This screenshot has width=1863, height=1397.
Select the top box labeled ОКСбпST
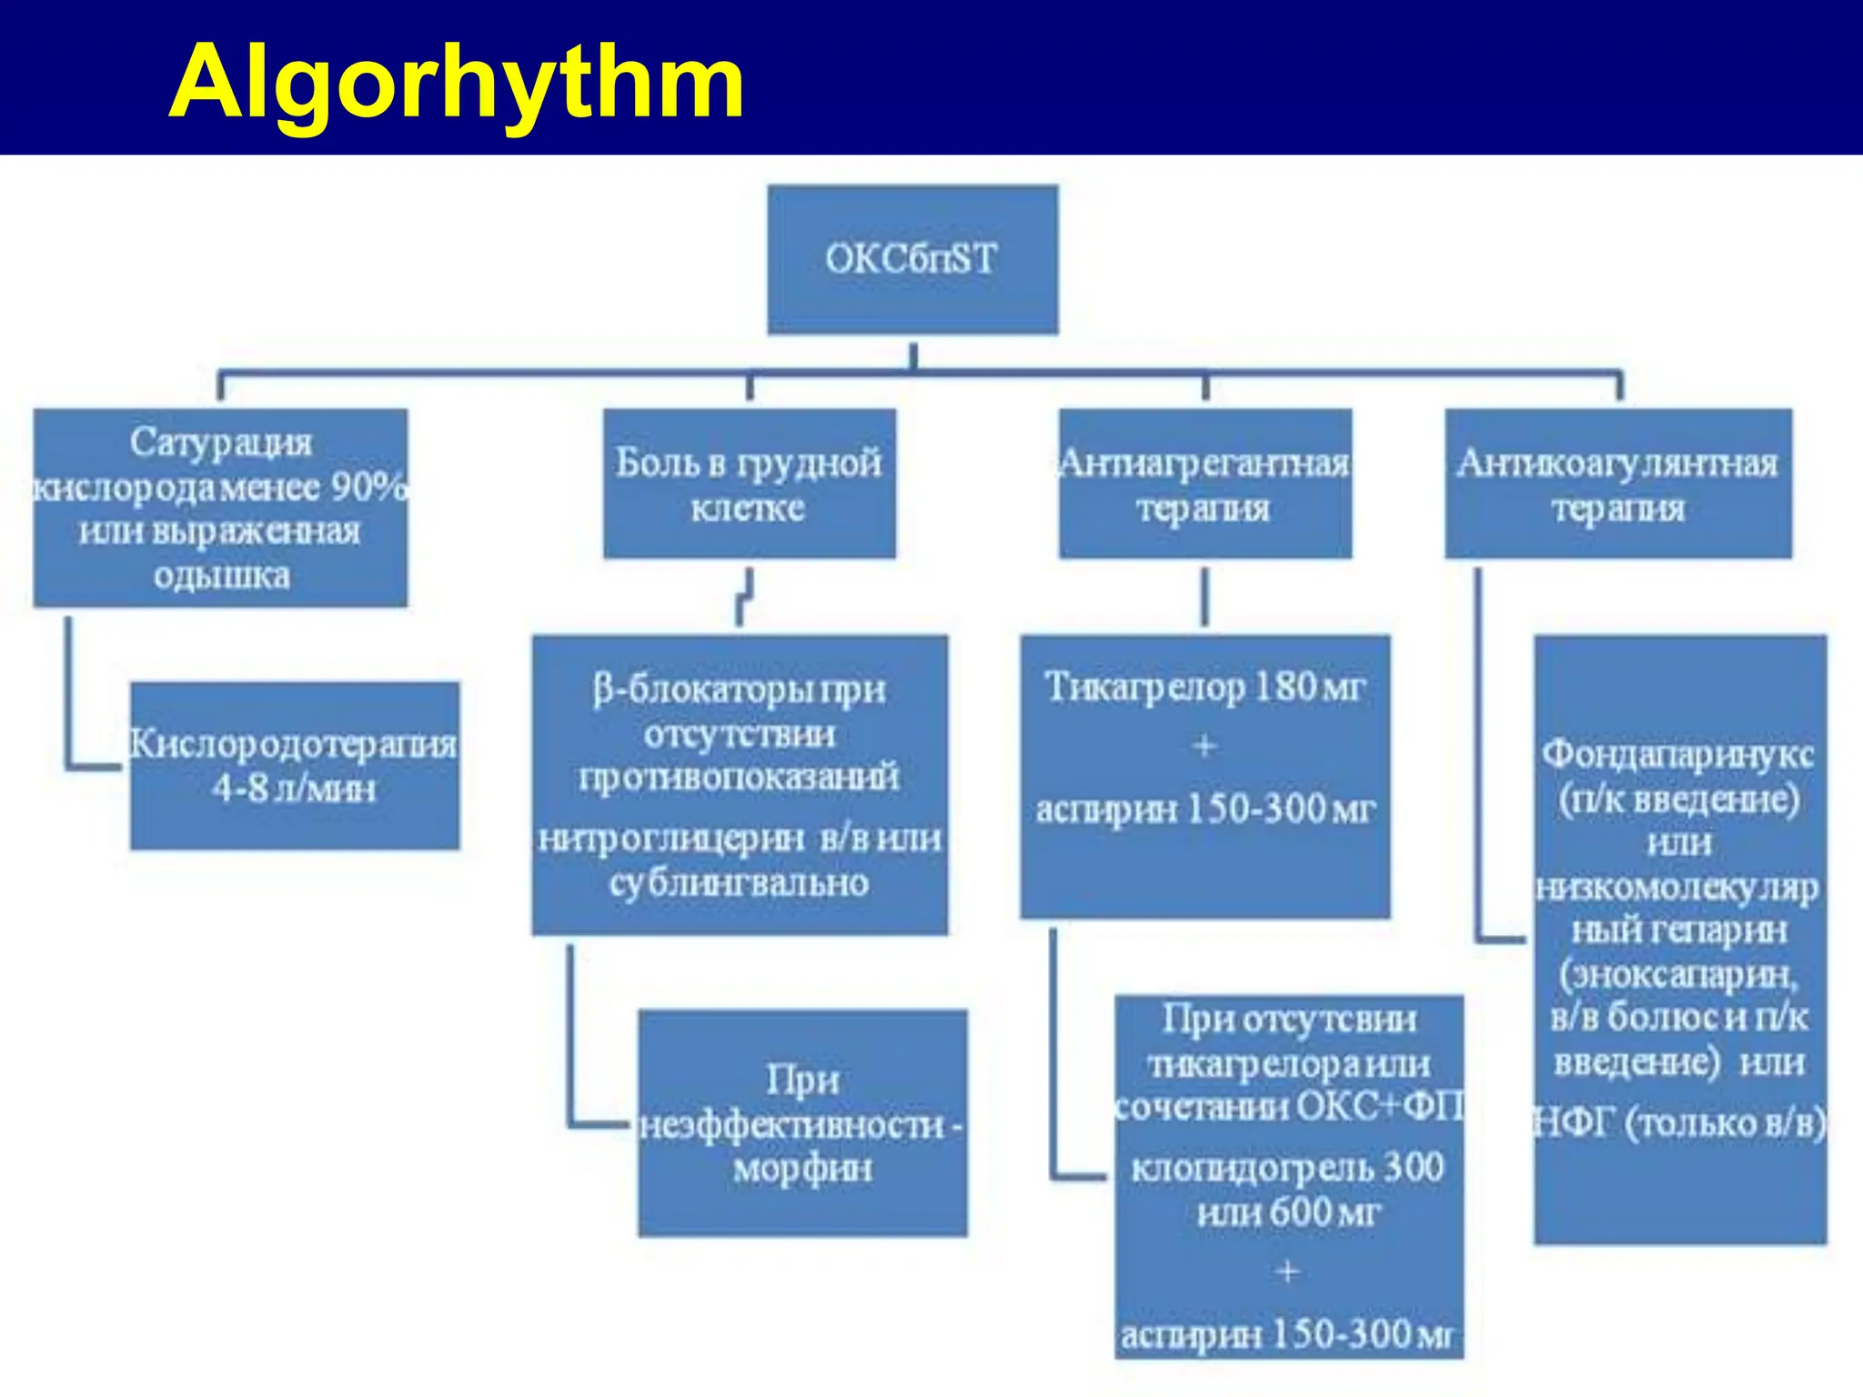click(912, 259)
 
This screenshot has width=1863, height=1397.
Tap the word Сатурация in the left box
click(220, 443)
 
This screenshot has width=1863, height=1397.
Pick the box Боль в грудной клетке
click(749, 483)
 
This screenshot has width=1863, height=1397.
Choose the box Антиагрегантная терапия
click(1204, 483)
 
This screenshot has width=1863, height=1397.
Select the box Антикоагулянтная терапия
click(1617, 483)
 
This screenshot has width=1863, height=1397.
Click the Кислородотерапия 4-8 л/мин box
click(294, 766)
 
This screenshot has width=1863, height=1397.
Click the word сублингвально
click(739, 883)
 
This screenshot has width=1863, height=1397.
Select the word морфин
click(802, 1169)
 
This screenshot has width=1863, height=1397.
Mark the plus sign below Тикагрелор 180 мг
click(1204, 747)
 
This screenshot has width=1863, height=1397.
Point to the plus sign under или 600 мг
click(1287, 1271)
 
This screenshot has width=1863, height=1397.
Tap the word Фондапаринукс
click(1678, 754)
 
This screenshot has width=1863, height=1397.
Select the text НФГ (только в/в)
click(1678, 1124)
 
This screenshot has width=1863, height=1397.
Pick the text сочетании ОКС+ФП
click(1289, 1107)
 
